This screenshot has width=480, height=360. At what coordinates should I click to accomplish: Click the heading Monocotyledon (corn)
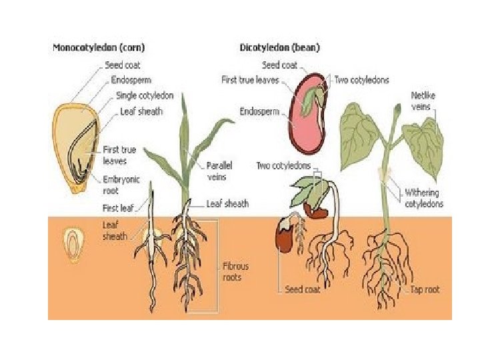99,48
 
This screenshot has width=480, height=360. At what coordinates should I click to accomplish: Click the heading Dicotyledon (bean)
279,48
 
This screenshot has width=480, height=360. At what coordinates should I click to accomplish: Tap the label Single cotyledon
145,95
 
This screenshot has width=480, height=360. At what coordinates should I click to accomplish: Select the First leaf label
120,208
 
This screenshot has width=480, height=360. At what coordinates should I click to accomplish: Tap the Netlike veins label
425,101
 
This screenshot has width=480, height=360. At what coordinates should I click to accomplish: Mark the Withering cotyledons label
424,198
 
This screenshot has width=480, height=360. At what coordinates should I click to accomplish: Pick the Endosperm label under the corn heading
131,81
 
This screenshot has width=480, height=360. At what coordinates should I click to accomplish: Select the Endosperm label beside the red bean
257,111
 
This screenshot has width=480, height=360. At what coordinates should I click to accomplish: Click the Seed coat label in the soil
303,290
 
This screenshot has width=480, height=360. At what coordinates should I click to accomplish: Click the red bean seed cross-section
308,111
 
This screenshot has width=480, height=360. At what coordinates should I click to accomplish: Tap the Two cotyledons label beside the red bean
360,81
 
